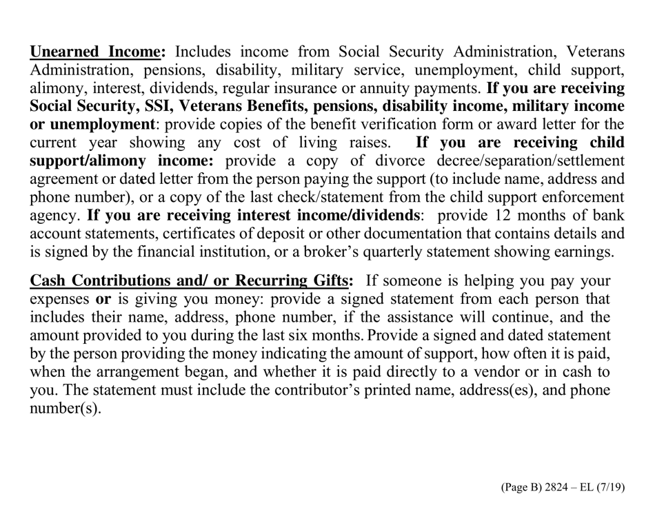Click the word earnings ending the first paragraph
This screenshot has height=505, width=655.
(x=582, y=251)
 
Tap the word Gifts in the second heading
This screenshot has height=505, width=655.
(x=330, y=281)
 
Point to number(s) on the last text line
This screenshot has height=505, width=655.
(x=65, y=408)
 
